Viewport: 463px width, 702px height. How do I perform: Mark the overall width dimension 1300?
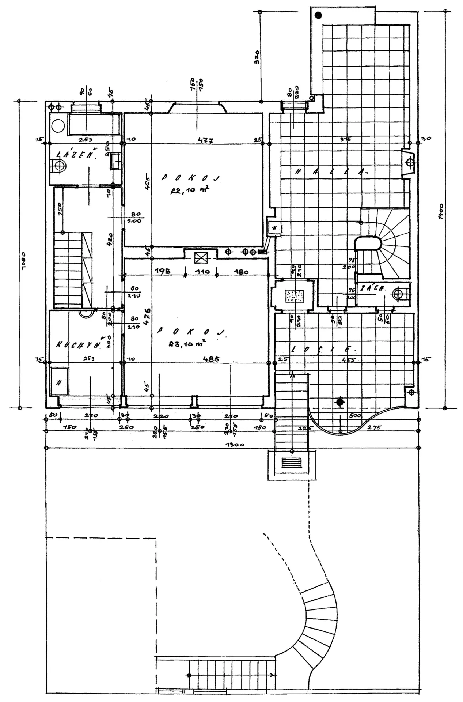click(235, 445)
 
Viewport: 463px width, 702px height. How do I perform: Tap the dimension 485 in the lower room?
click(211, 359)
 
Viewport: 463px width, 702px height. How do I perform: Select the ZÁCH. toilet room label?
click(372, 288)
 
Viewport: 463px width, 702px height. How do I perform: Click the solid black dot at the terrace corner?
click(319, 15)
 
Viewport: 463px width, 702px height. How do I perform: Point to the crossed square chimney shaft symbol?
click(200, 258)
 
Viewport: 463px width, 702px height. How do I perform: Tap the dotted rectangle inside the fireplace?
click(295, 296)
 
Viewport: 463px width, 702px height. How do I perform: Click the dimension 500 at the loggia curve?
click(355, 416)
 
